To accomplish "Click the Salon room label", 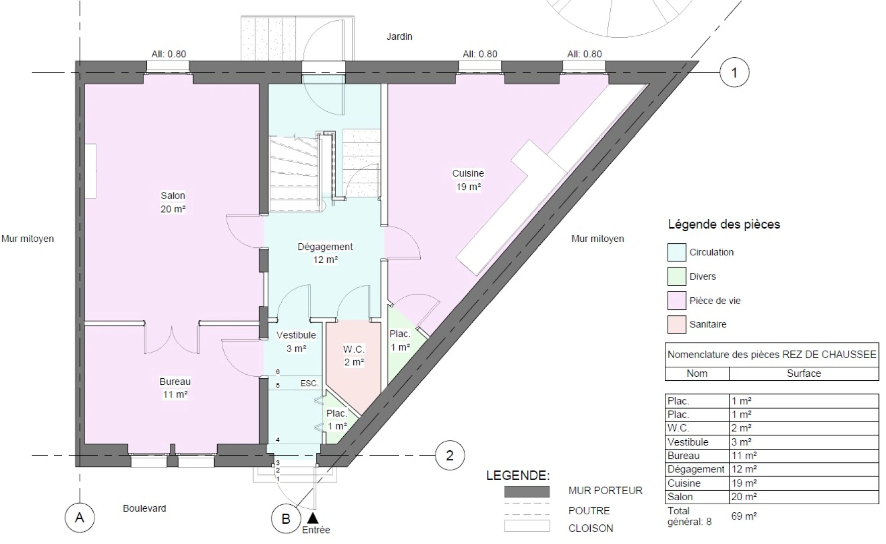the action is (x=173, y=195).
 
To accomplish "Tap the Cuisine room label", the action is (x=468, y=173).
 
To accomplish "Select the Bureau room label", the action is (x=175, y=382).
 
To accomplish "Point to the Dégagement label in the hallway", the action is (x=325, y=247).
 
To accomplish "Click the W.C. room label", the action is (x=354, y=349).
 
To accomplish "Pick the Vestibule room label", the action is (x=296, y=335).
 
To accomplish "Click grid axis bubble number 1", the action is (x=734, y=73).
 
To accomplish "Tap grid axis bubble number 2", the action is (x=450, y=455).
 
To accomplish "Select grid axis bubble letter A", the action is (x=80, y=517).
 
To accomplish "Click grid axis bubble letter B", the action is (x=286, y=518).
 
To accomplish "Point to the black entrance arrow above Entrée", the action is (x=313, y=517).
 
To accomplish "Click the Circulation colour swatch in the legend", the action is (x=677, y=252).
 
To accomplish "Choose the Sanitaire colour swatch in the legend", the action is (x=677, y=324).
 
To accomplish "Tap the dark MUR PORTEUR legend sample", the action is (x=527, y=492).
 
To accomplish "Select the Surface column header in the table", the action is (x=804, y=373).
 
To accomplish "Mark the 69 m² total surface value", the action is (x=744, y=516).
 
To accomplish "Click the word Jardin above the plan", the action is (x=399, y=36).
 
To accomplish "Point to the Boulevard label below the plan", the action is (x=144, y=508).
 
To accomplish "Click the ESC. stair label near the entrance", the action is (x=309, y=383).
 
